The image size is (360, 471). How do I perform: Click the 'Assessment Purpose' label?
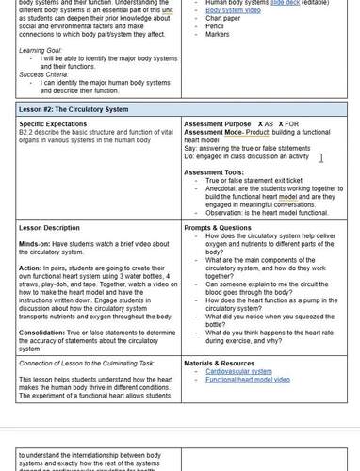[218, 124]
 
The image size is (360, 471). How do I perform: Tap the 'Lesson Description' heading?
[49, 228]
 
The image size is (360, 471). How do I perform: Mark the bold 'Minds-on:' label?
[35, 244]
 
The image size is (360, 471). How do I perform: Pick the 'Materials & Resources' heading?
[219, 363]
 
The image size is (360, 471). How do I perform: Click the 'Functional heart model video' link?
[248, 380]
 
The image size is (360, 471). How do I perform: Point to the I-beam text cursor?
[321, 158]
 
